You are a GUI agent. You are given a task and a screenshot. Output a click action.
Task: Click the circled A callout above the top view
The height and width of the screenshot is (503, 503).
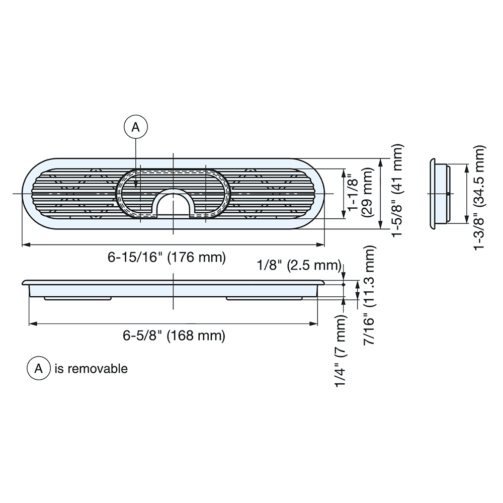point(135,128)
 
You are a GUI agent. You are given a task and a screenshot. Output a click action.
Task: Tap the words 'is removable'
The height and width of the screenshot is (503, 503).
point(91,369)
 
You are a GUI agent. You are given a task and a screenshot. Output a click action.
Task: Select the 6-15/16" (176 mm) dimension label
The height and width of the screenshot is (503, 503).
point(166,258)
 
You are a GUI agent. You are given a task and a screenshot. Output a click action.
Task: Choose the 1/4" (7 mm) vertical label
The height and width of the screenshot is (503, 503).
point(343,351)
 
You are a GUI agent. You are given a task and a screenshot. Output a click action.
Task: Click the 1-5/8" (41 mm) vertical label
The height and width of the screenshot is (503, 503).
point(398,191)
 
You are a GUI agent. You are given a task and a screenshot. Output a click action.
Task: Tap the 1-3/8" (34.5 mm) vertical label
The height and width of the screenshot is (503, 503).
point(480,197)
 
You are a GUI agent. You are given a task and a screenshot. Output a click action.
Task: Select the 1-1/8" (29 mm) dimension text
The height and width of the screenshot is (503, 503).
point(362,194)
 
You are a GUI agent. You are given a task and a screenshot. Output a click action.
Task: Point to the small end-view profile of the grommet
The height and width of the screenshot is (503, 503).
point(439,194)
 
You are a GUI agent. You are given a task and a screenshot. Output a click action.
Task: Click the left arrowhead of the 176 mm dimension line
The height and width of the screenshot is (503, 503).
point(25,244)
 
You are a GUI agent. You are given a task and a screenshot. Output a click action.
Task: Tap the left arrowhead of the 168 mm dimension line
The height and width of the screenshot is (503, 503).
point(32,323)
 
